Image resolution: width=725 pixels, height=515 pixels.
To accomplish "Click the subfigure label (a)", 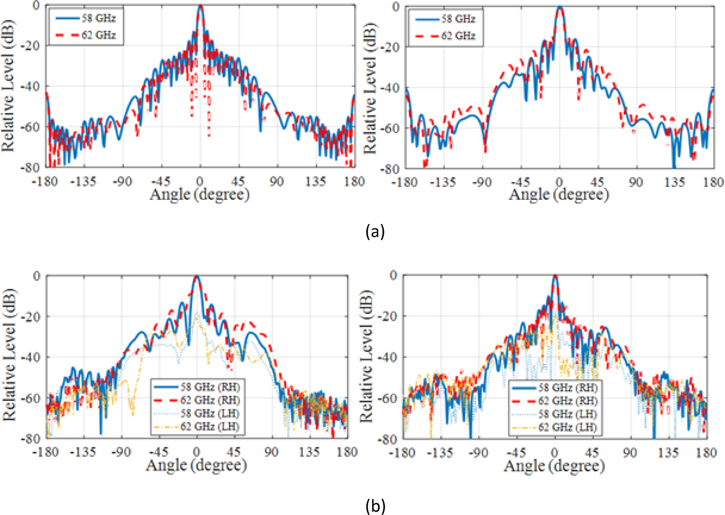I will coord(374,232).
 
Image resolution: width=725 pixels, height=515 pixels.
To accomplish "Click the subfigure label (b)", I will coord(375,506).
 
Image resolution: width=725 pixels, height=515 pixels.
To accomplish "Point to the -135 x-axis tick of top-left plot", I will coord(83,181).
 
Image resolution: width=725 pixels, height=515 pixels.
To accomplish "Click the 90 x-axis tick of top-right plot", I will coord(636,182).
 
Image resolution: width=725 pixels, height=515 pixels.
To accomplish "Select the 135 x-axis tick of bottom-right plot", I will coord(668,452).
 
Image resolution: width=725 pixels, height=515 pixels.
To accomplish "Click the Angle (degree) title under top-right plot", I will coord(559,195).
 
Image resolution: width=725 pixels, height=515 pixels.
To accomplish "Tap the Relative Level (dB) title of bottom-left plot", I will coord(9,355).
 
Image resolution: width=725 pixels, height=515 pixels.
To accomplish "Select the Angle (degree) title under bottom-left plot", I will coord(196,465).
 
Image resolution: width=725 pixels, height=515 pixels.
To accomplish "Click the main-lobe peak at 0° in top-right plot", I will coord(560,7).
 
